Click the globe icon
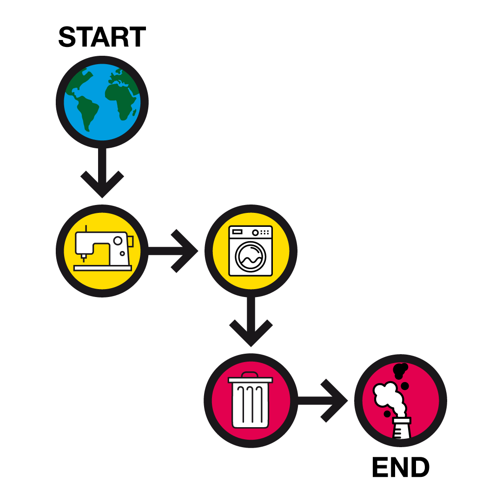point(102,102)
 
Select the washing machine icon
point(251,251)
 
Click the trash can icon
point(251,401)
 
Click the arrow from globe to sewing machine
point(102,174)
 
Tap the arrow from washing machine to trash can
point(251,323)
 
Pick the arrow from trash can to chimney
point(325,401)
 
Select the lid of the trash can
point(250,380)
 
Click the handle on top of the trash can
point(250,374)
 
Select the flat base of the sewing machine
point(103,268)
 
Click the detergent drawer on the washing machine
point(237,231)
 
